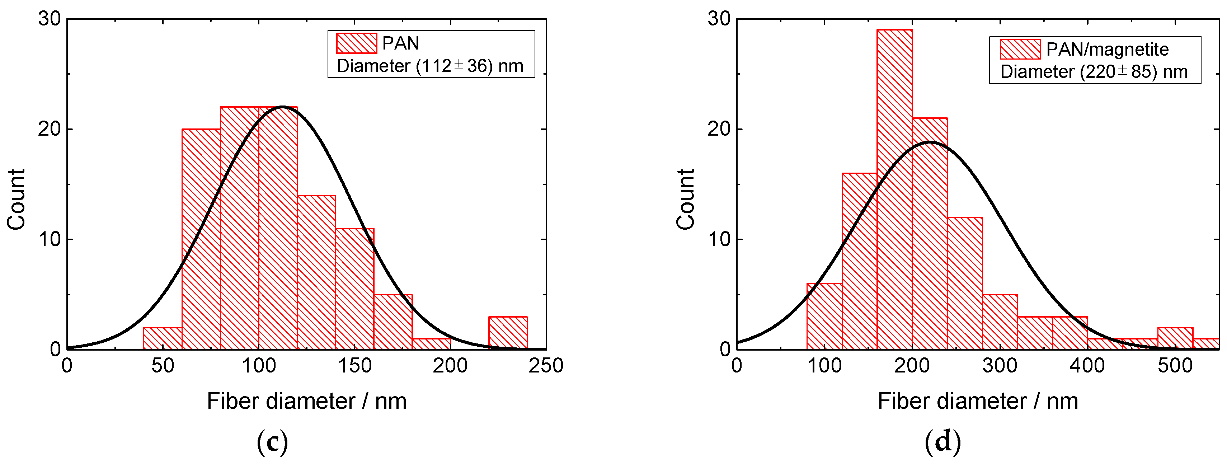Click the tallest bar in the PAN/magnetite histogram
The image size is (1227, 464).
point(894,191)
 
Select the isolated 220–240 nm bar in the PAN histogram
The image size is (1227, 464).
point(508,333)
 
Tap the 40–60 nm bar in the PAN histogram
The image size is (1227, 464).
point(163,338)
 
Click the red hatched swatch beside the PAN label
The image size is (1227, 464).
point(356,43)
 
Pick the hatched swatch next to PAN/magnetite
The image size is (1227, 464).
point(1020,49)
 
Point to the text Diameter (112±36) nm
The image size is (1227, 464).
point(430,66)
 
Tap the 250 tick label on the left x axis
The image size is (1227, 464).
point(546,366)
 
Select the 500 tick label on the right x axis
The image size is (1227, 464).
point(1175,366)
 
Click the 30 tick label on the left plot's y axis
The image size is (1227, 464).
point(50,19)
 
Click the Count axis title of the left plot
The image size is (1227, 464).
point(16,199)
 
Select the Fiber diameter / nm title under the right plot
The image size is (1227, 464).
point(977,401)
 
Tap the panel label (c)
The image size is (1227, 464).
point(272,442)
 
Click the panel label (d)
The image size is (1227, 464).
point(942,442)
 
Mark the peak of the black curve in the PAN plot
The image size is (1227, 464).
point(282,106)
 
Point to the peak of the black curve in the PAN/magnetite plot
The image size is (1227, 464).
point(929,142)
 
